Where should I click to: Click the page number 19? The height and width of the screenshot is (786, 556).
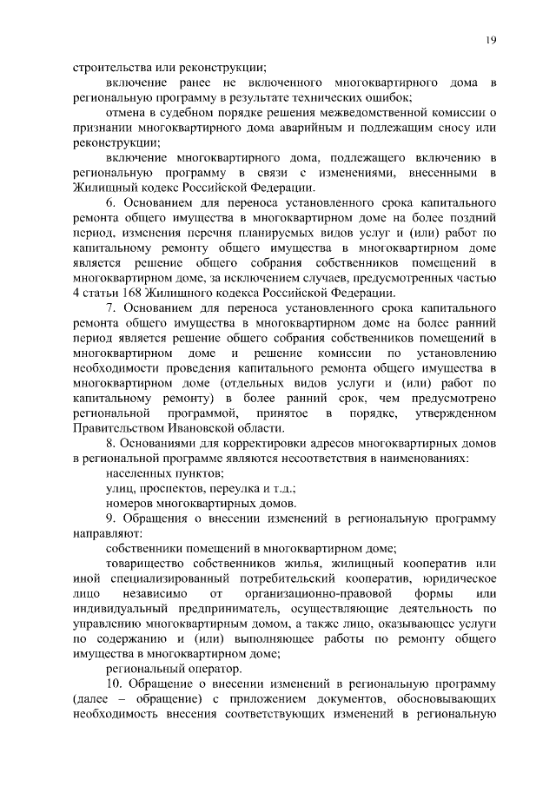tap(490, 40)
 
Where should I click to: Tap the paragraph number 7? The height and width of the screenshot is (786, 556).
tap(110, 307)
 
